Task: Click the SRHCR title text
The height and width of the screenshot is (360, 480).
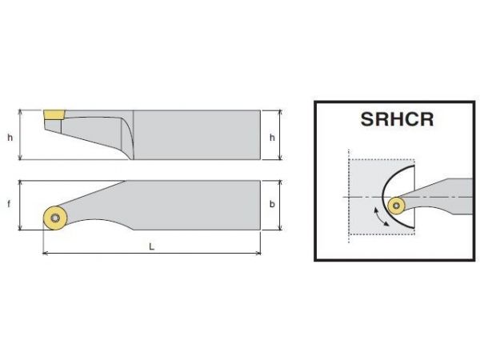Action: pyautogui.click(x=397, y=119)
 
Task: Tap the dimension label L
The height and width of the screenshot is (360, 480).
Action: pyautogui.click(x=151, y=246)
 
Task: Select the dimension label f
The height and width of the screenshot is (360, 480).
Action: pyautogui.click(x=9, y=203)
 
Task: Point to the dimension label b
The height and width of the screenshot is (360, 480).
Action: pyautogui.click(x=272, y=204)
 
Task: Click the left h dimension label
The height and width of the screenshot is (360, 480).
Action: pyautogui.click(x=10, y=138)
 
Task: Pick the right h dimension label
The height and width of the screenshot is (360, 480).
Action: pyautogui.click(x=272, y=138)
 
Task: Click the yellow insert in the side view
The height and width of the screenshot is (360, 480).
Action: pyautogui.click(x=54, y=114)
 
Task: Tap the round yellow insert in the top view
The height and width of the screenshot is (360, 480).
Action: pyautogui.click(x=55, y=218)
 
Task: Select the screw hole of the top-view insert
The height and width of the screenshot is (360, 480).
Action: pyautogui.click(x=55, y=218)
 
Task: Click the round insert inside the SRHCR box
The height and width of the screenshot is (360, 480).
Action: pyautogui.click(x=397, y=206)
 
